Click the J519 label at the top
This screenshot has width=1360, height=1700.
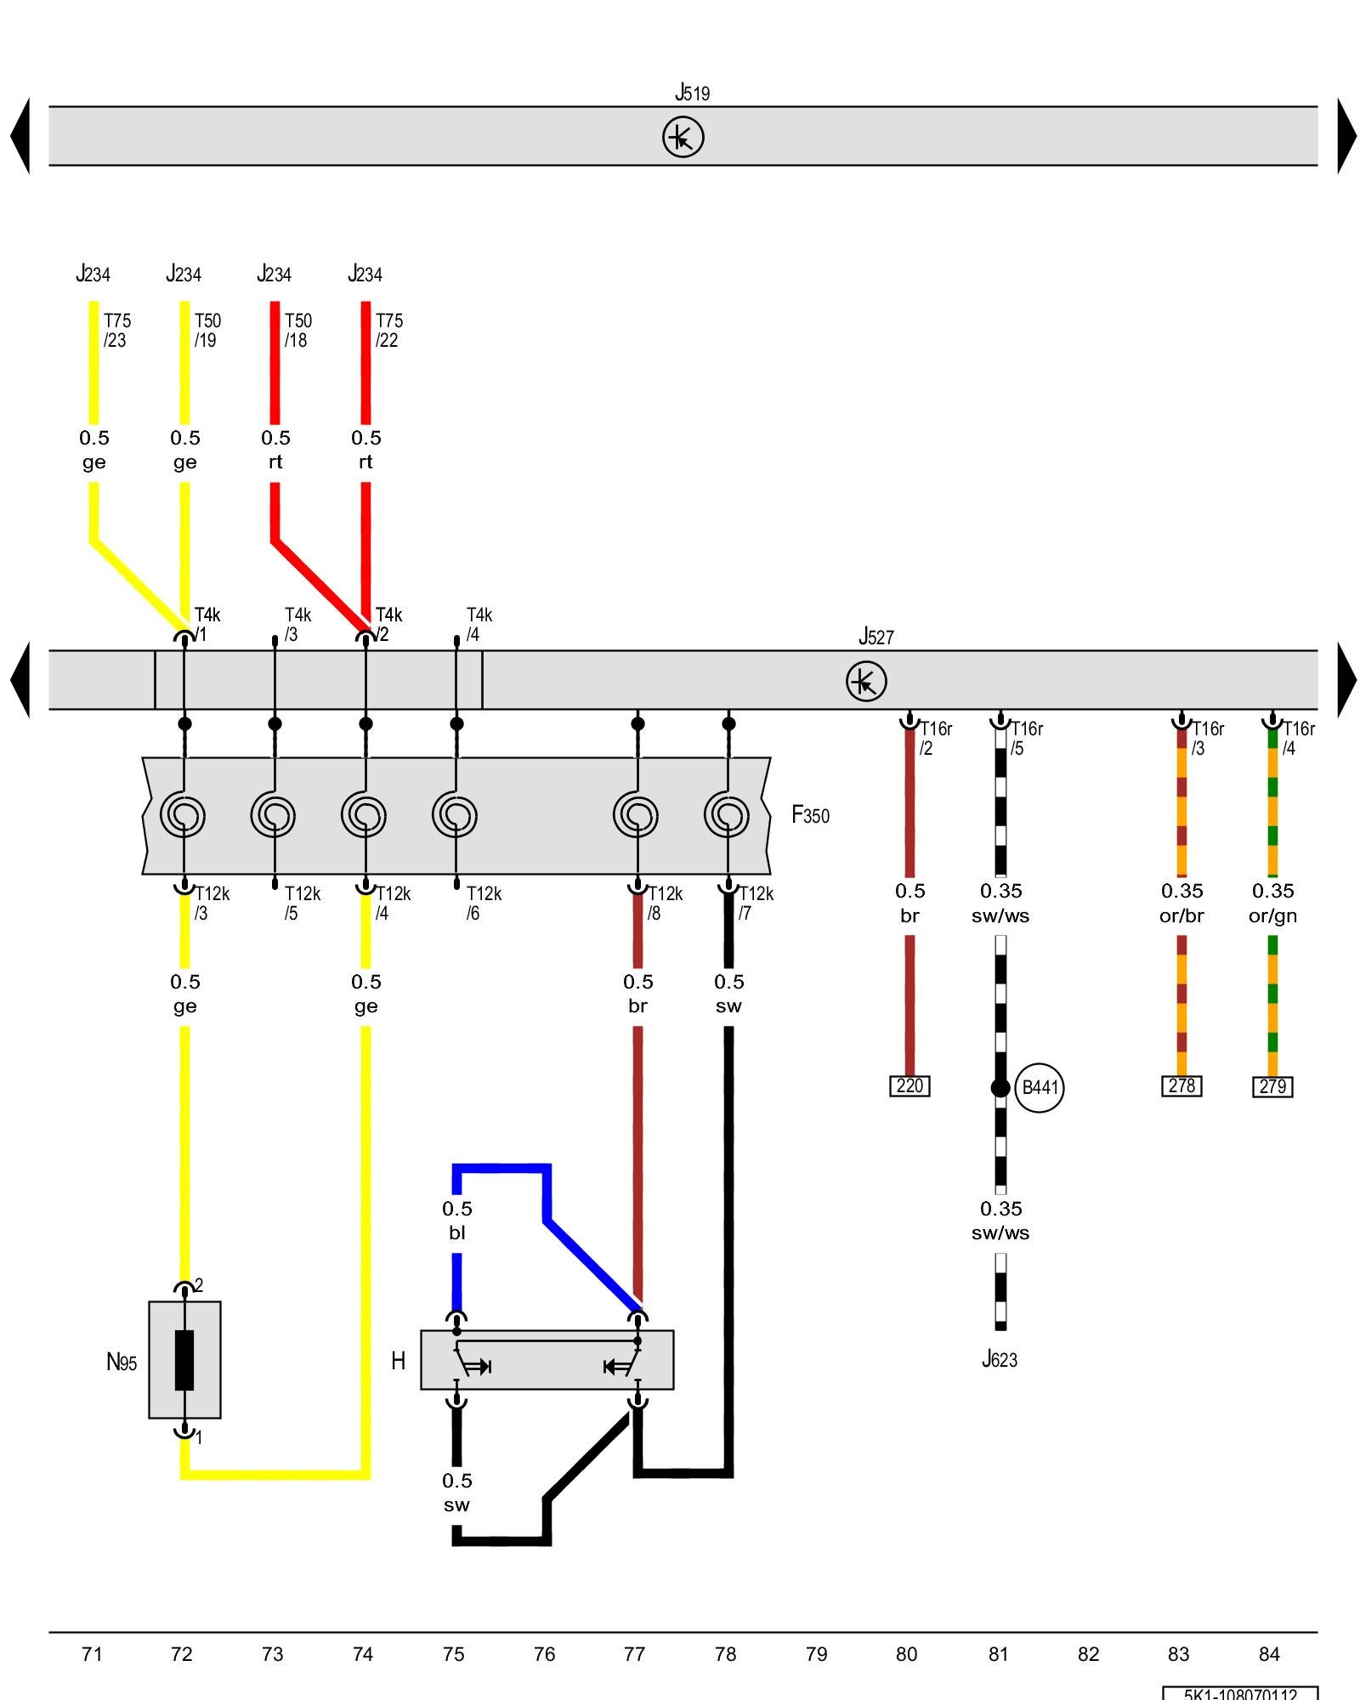tap(692, 93)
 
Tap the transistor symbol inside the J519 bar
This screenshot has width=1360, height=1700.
tap(683, 137)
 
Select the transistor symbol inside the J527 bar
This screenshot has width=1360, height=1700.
tap(866, 682)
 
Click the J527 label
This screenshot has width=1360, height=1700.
tap(875, 637)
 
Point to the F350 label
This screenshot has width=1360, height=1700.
tap(810, 815)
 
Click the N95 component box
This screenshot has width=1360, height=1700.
tap(184, 1359)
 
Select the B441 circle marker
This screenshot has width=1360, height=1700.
tap(1039, 1087)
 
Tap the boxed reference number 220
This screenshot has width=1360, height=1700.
tap(909, 1086)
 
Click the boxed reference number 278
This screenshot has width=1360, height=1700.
tap(1181, 1086)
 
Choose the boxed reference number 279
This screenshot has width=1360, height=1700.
tap(1272, 1087)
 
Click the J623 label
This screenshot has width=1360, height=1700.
tap(1000, 1359)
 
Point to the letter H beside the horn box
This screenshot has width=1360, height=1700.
tap(398, 1361)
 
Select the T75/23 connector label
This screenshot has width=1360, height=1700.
tap(117, 331)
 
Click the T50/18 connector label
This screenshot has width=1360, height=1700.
tap(297, 331)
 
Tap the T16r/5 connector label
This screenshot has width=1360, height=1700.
tap(1025, 739)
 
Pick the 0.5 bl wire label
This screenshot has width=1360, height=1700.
tap(456, 1220)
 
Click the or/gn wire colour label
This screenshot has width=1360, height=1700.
tap(1272, 915)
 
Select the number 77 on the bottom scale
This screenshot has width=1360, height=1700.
tap(634, 1654)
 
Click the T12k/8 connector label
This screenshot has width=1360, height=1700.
tap(665, 904)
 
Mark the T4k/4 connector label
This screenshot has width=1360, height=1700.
tap(479, 625)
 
